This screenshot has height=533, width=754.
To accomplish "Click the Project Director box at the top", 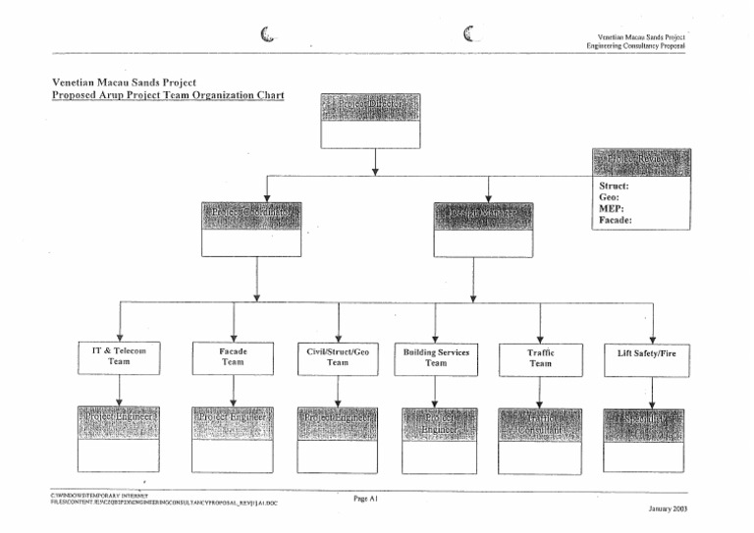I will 371,121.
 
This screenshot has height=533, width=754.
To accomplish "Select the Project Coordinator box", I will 250,229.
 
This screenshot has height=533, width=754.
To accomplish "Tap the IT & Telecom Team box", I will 119,356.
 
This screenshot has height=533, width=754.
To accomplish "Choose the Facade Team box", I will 233,356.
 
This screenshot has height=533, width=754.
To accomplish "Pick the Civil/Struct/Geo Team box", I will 338,356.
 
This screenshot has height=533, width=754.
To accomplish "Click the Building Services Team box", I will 436,357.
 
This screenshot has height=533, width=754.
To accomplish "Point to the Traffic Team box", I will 541,357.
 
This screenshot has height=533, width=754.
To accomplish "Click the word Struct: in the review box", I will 615,185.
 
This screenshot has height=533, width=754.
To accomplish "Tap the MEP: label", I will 612,208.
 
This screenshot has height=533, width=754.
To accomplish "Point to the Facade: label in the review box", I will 617,221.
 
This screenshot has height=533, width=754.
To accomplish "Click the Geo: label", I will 610,196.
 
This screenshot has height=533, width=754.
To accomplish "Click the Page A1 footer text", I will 365,499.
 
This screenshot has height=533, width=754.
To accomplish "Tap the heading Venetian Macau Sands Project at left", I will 124,82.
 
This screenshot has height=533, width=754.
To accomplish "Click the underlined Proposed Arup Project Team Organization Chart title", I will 168,96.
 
